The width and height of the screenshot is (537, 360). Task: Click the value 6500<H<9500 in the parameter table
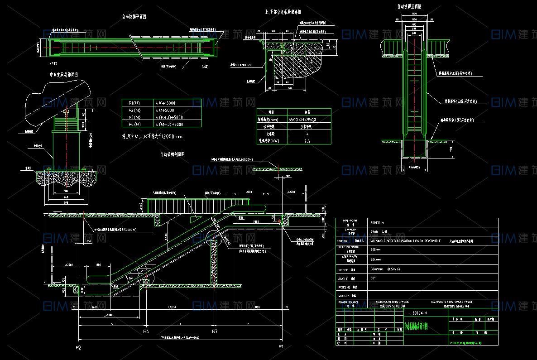302,120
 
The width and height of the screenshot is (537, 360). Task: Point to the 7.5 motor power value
307,141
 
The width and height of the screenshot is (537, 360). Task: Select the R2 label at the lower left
78,347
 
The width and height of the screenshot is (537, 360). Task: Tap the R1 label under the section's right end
281,347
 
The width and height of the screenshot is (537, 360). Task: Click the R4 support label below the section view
146,332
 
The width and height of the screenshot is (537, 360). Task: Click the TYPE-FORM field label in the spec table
350,221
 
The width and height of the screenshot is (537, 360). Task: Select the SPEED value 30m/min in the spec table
375,270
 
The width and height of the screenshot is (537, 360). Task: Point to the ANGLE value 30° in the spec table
373,278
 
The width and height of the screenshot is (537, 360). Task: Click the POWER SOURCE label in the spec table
348,302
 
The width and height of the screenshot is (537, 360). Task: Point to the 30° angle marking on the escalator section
131,278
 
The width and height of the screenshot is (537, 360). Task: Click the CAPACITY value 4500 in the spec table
374,231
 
